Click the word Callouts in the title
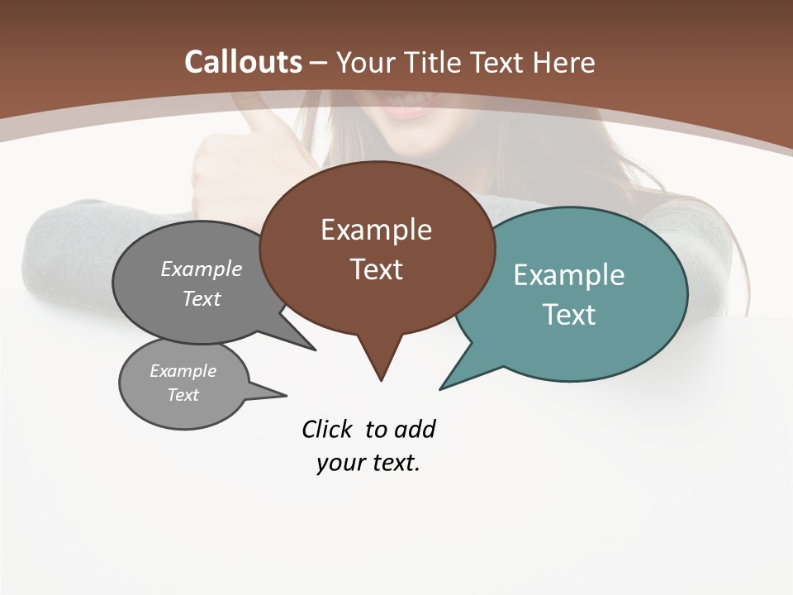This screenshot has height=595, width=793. click(x=244, y=62)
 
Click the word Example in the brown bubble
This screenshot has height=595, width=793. click(x=376, y=230)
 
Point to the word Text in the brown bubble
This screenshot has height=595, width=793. click(x=376, y=269)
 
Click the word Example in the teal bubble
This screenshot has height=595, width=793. click(x=568, y=275)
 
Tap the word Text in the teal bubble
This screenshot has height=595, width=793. click(x=568, y=315)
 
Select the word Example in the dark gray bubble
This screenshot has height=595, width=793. click(x=202, y=269)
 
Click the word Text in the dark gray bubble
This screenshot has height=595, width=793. click(x=202, y=298)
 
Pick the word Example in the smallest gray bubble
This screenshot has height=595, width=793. click(x=183, y=371)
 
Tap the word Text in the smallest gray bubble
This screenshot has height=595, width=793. click(x=183, y=395)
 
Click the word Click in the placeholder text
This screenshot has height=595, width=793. click(x=329, y=429)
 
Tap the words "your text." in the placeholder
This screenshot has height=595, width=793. click(x=368, y=463)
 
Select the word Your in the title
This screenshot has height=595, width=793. click(x=368, y=62)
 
